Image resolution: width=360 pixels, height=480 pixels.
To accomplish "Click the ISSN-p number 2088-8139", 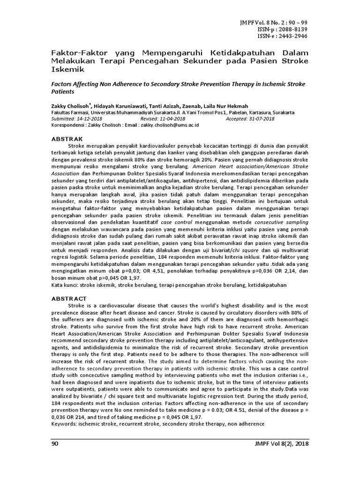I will pyautogui.click(x=292, y=29).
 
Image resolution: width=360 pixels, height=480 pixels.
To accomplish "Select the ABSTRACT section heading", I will pyautogui.click(x=68, y=299).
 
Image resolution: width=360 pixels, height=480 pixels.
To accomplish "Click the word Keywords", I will pyautogui.click(x=64, y=423).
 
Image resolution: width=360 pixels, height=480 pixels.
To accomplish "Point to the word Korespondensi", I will pyautogui.click(x=68, y=125).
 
